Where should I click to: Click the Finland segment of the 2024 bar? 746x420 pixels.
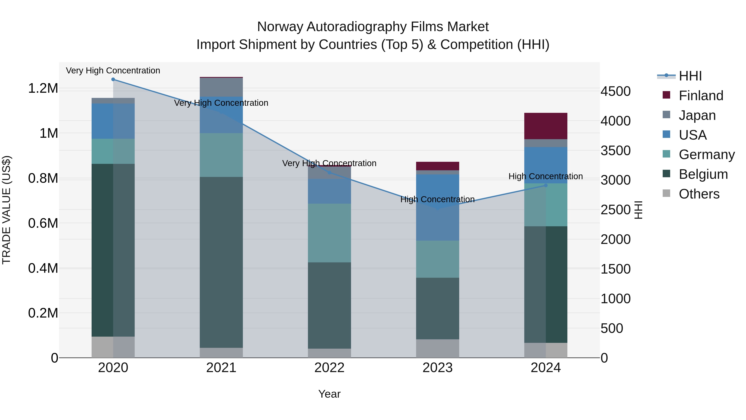(x=546, y=126)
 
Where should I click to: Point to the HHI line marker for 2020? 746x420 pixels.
(x=113, y=79)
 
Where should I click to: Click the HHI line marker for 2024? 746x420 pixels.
(x=546, y=185)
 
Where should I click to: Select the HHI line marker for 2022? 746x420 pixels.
(x=329, y=173)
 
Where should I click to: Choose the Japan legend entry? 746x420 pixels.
(x=697, y=115)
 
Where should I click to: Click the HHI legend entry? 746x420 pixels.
(x=690, y=76)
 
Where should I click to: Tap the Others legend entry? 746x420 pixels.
(x=699, y=194)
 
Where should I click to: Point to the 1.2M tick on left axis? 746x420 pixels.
(x=43, y=88)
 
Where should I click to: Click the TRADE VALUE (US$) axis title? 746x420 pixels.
(x=6, y=210)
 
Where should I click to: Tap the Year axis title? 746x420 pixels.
(x=329, y=394)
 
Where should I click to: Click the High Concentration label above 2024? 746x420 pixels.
(x=546, y=176)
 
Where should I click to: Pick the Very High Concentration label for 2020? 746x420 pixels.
(x=113, y=71)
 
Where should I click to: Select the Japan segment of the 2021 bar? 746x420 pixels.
(x=221, y=87)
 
